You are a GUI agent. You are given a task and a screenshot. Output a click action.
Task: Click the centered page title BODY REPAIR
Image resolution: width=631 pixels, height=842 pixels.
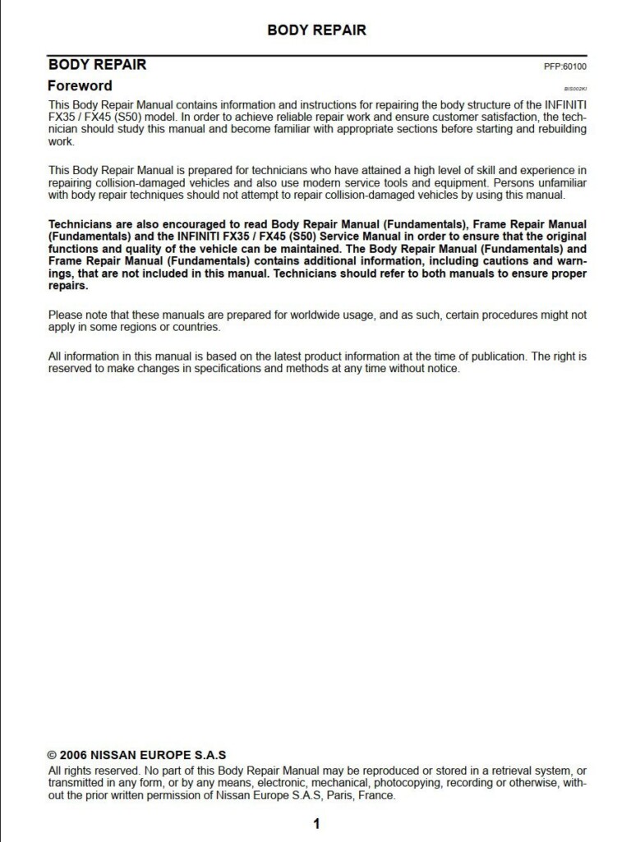pyautogui.click(x=316, y=30)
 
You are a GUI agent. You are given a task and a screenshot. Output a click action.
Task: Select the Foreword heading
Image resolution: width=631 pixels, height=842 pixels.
pyautogui.click(x=80, y=85)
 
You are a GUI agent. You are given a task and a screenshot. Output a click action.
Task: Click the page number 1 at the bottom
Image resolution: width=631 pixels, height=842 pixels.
pyautogui.click(x=316, y=824)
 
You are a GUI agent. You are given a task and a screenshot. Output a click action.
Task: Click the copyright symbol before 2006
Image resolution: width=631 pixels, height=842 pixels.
pyautogui.click(x=53, y=755)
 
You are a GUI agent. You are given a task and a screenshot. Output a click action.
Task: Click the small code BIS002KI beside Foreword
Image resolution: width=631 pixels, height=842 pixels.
pyautogui.click(x=576, y=89)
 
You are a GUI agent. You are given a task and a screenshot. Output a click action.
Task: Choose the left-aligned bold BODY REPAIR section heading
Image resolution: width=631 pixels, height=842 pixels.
pyautogui.click(x=98, y=64)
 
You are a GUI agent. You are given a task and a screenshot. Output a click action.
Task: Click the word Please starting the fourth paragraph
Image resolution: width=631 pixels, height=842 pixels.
pyautogui.click(x=66, y=315)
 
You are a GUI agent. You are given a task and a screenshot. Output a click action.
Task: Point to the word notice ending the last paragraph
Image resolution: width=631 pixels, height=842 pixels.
pyautogui.click(x=442, y=369)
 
